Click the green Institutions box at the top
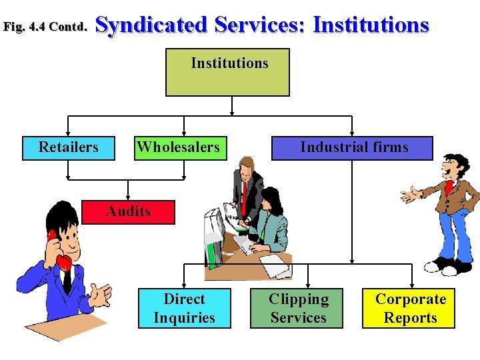[227, 72]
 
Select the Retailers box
[68, 147]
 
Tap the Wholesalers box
[178, 147]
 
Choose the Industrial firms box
[352, 147]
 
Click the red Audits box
[128, 211]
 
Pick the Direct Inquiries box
[185, 308]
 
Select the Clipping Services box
[298, 308]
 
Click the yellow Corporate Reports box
[409, 308]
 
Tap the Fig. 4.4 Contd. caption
[45, 27]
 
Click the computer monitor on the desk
[214, 233]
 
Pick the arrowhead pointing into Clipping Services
[298, 284]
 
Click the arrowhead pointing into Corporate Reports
[409, 284]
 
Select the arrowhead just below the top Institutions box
[231, 111]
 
